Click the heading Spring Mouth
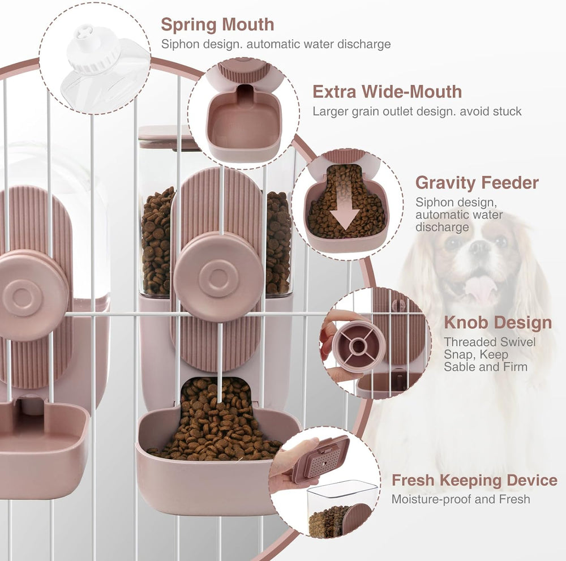[217, 24]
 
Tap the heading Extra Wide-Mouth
[387, 92]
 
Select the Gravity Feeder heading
[477, 183]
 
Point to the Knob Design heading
[498, 322]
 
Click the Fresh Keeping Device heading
[474, 481]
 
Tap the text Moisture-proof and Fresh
[461, 499]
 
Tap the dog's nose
[479, 247]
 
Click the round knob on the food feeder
[218, 276]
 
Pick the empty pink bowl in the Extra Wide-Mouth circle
[243, 123]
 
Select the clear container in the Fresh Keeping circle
[341, 509]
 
